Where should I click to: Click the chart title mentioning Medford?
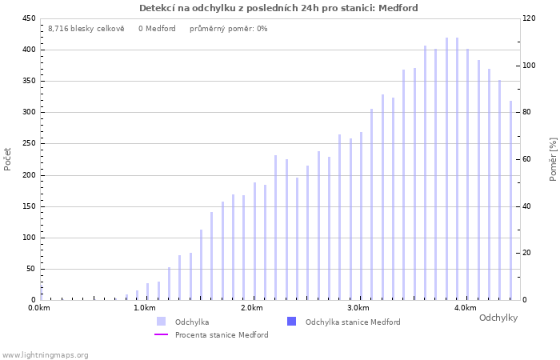[278, 8]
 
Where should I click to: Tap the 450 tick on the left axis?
[27, 18]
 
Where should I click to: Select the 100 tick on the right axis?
[530, 66]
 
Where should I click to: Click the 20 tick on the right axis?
[527, 254]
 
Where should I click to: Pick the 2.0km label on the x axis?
[252, 308]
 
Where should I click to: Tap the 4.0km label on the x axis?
[465, 308]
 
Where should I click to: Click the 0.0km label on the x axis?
[39, 308]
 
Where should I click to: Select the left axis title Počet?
[8, 158]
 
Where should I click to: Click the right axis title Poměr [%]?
[553, 158]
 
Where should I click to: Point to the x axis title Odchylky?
[498, 318]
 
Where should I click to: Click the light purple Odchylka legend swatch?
[161, 322]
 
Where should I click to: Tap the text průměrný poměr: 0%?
[228, 29]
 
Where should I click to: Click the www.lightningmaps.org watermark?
[45, 354]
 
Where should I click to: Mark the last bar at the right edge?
[510, 200]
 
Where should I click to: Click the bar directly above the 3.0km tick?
[361, 216]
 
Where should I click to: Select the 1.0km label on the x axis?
[145, 308]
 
